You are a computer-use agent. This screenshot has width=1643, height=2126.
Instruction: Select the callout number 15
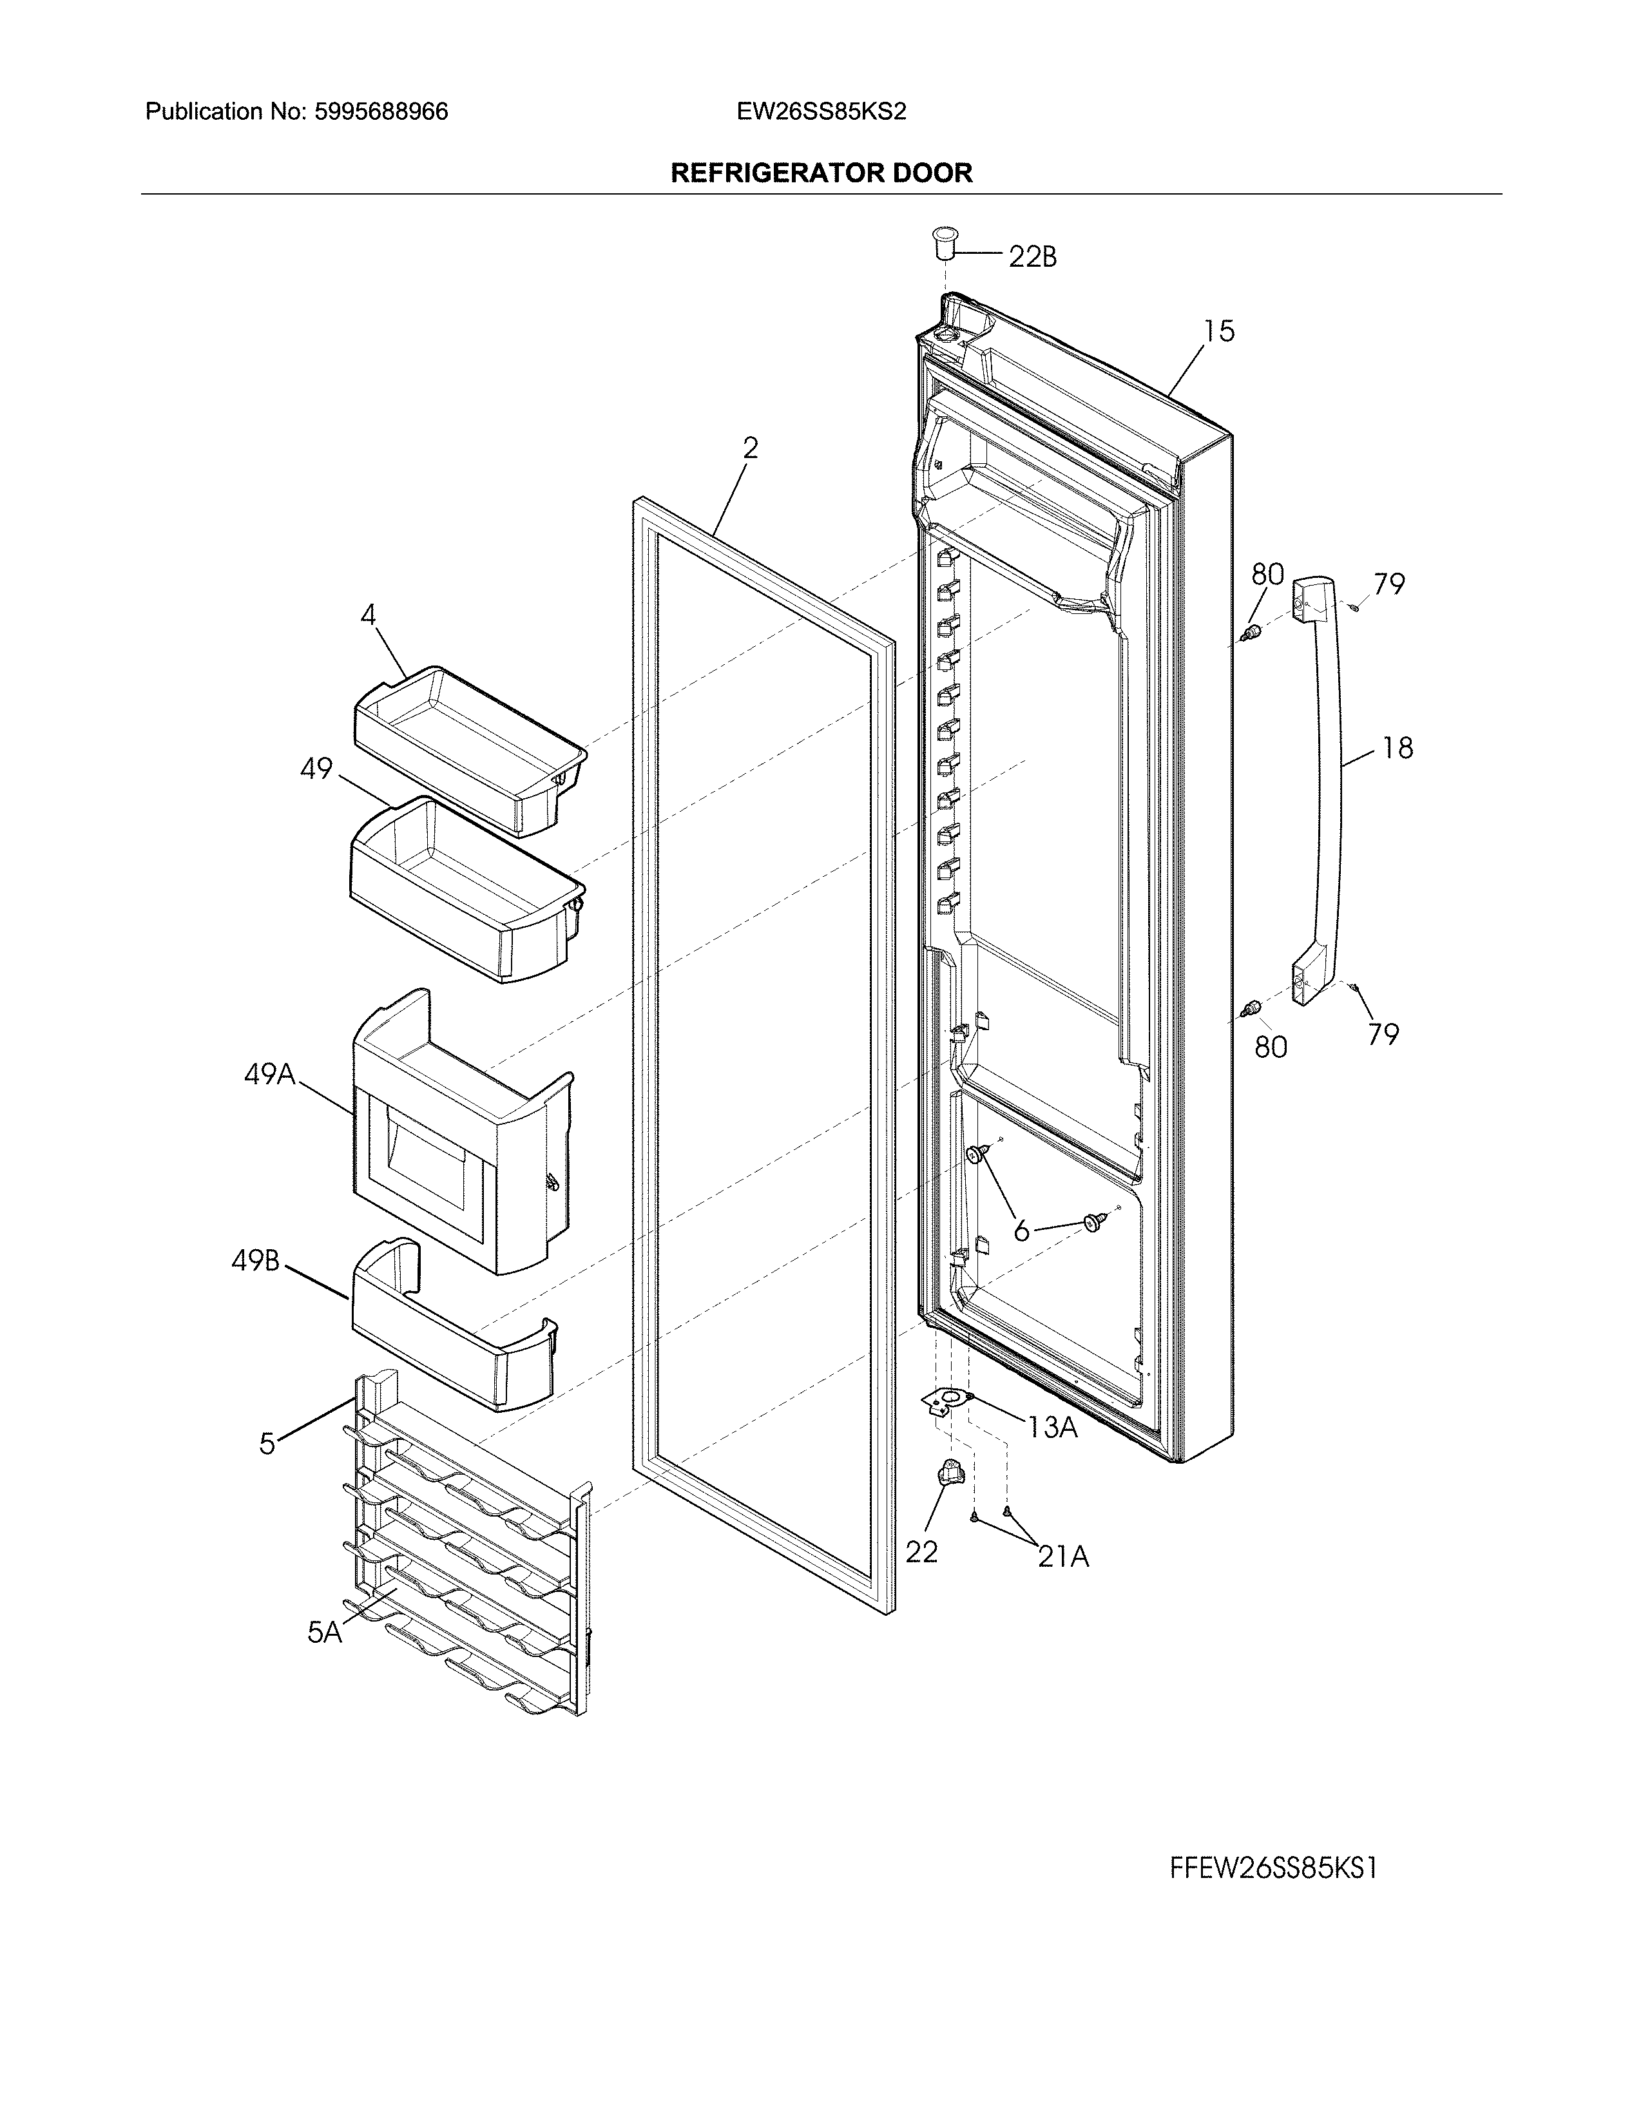1218,332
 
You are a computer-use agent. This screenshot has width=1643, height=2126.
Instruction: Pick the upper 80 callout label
1267,574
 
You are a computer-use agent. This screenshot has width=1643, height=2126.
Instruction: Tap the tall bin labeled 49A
457,1139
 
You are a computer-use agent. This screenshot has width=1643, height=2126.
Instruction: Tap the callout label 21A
1063,1558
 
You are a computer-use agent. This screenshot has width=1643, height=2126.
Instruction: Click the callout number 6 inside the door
1021,1231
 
